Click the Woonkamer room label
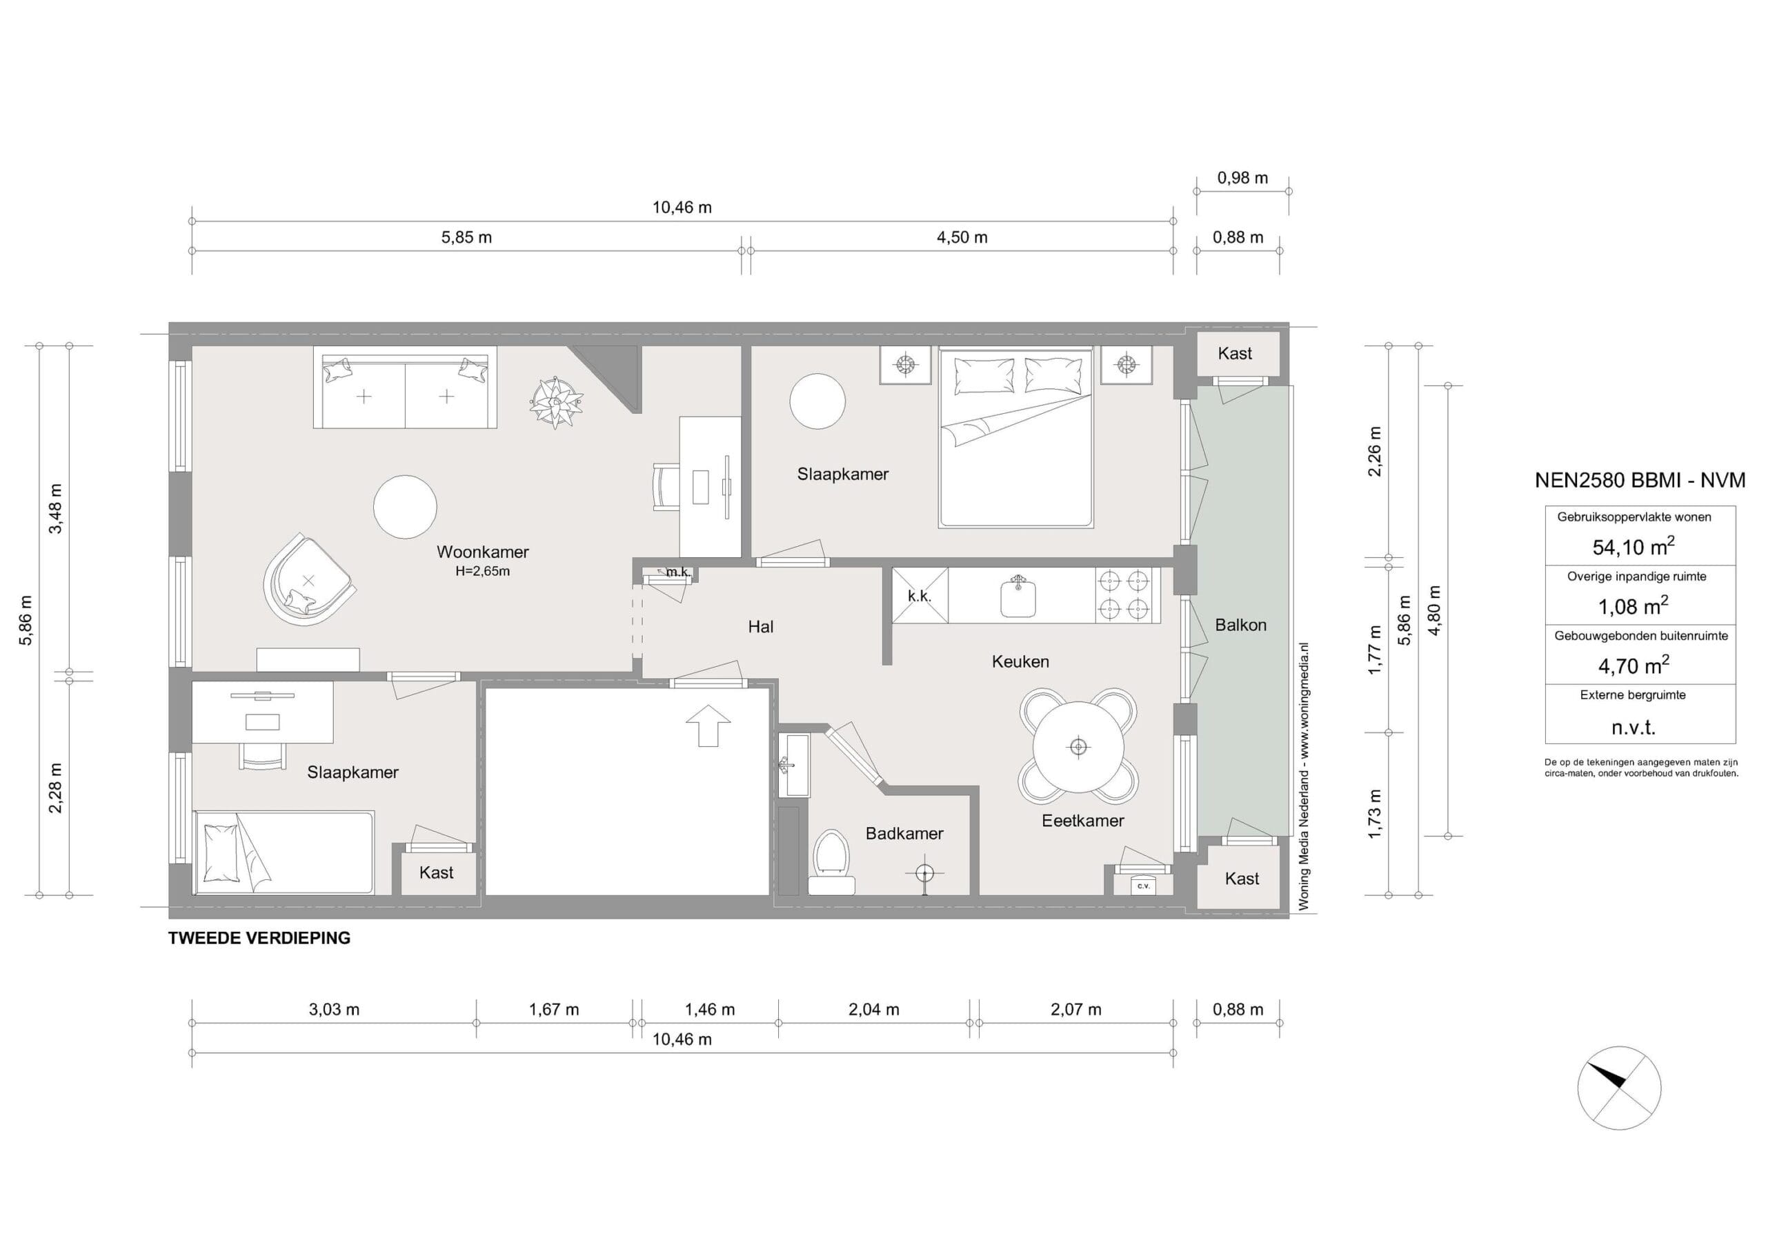pyautogui.click(x=482, y=552)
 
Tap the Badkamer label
pyautogui.click(x=904, y=833)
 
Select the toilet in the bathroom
pyautogui.click(x=831, y=861)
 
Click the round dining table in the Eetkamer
pyautogui.click(x=1078, y=746)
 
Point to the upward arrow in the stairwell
pyautogui.click(x=708, y=726)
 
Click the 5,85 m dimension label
pyautogui.click(x=466, y=238)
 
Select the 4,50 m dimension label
pyautogui.click(x=962, y=238)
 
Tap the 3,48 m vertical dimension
pyautogui.click(x=55, y=508)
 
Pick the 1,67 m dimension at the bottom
pyautogui.click(x=554, y=1009)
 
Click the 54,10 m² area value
pyautogui.click(x=1633, y=546)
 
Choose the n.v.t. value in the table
pyautogui.click(x=1633, y=727)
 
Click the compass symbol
pyautogui.click(x=1618, y=1088)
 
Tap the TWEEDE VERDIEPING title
pyautogui.click(x=259, y=937)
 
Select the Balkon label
pyautogui.click(x=1240, y=625)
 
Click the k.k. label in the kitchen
pyautogui.click(x=919, y=596)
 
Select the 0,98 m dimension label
pyautogui.click(x=1242, y=178)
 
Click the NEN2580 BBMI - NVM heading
pyautogui.click(x=1640, y=480)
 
